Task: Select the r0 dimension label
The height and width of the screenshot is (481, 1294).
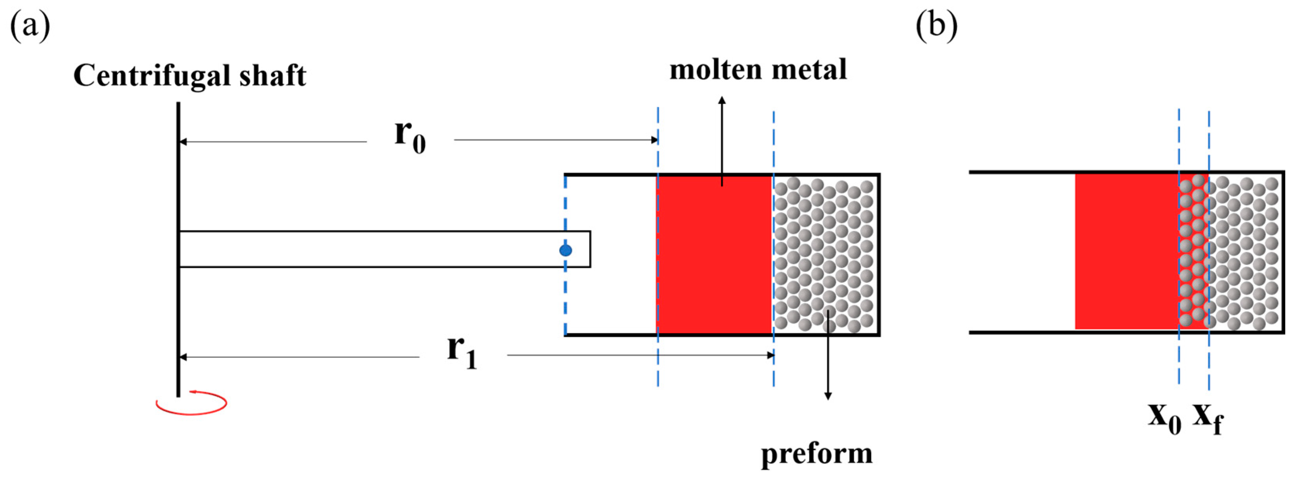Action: [409, 137]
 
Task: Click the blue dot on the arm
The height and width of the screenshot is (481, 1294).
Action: [566, 250]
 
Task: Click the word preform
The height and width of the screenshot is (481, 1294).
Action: [816, 454]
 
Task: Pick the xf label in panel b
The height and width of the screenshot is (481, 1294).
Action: [1208, 418]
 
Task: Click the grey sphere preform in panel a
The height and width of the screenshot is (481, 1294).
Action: [824, 256]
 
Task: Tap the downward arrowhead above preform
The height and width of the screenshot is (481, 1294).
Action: [828, 396]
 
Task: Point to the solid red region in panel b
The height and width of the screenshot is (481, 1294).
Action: [1125, 251]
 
